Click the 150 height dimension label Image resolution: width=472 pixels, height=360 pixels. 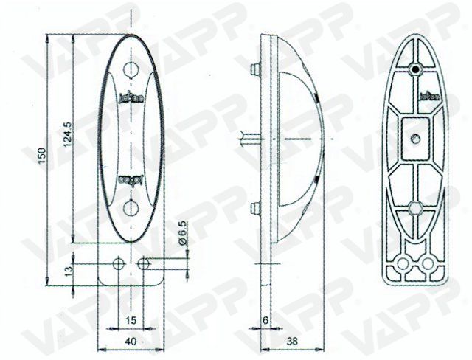[x=44, y=156]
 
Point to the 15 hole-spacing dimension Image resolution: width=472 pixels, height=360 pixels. [x=130, y=319]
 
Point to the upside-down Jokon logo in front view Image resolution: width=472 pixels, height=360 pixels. [x=129, y=178]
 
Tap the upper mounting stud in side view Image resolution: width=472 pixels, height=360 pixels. [x=255, y=69]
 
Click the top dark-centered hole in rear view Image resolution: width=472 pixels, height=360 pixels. [x=415, y=69]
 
